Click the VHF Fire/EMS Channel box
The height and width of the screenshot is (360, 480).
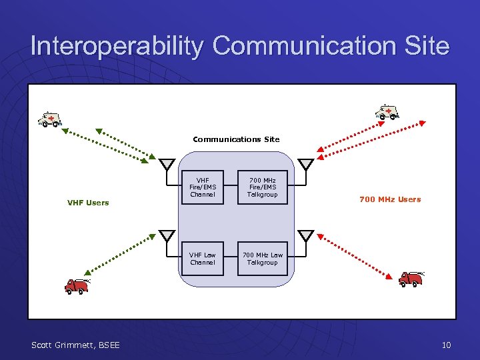[203, 187]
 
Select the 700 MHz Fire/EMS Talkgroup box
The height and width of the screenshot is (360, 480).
[263, 187]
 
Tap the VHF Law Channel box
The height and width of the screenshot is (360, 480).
[203, 259]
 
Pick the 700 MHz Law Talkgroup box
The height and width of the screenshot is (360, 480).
[263, 259]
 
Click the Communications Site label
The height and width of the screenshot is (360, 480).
[236, 139]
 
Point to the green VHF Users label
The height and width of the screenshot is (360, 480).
[88, 203]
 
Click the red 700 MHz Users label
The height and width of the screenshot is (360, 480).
[390, 199]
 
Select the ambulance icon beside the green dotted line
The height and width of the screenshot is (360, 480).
[50, 119]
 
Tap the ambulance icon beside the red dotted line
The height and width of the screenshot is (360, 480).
[387, 112]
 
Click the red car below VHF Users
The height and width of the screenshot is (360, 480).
[77, 286]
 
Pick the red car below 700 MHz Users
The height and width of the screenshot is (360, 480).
[411, 278]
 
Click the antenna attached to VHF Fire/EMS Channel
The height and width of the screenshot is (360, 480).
[167, 165]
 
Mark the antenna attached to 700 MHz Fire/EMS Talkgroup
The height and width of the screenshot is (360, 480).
[305, 165]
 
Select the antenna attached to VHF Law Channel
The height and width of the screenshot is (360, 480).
[167, 235]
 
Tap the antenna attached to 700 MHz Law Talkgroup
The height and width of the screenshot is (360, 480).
[305, 235]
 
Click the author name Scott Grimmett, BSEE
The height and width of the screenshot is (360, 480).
[76, 345]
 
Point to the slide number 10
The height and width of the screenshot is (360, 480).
[446, 345]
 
